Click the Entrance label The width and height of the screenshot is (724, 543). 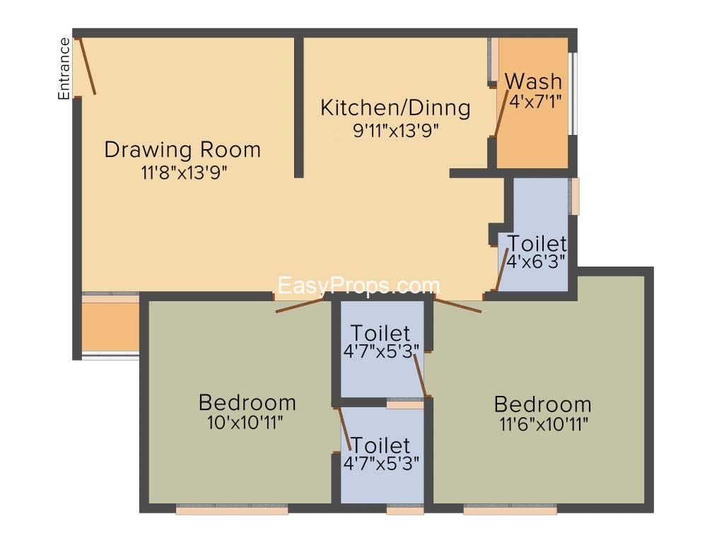click(x=64, y=69)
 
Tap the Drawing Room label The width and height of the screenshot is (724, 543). click(x=183, y=150)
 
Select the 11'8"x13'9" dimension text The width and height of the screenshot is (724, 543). click(x=185, y=173)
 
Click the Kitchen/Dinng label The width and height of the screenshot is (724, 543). click(x=396, y=107)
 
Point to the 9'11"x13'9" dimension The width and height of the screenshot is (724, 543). click(x=396, y=131)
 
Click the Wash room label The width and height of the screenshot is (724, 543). click(x=533, y=81)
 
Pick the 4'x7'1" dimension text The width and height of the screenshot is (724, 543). click(x=535, y=101)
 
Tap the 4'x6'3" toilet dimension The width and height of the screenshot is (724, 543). click(x=536, y=262)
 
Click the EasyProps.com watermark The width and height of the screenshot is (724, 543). click(x=358, y=286)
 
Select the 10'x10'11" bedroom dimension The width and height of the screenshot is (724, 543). click(x=245, y=423)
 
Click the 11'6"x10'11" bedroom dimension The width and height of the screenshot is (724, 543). click(x=544, y=424)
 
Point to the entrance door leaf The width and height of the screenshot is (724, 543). click(x=88, y=66)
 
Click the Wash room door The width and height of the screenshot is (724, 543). click(x=501, y=114)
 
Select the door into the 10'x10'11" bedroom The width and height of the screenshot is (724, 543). click(x=300, y=305)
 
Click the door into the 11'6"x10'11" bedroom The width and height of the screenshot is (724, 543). click(x=458, y=305)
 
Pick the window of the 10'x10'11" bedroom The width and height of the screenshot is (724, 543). click(x=232, y=509)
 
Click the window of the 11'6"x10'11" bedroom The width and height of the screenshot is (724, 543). click(x=510, y=509)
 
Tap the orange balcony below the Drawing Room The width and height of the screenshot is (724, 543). click(x=111, y=327)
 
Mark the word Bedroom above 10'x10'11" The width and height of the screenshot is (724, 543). click(x=247, y=402)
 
